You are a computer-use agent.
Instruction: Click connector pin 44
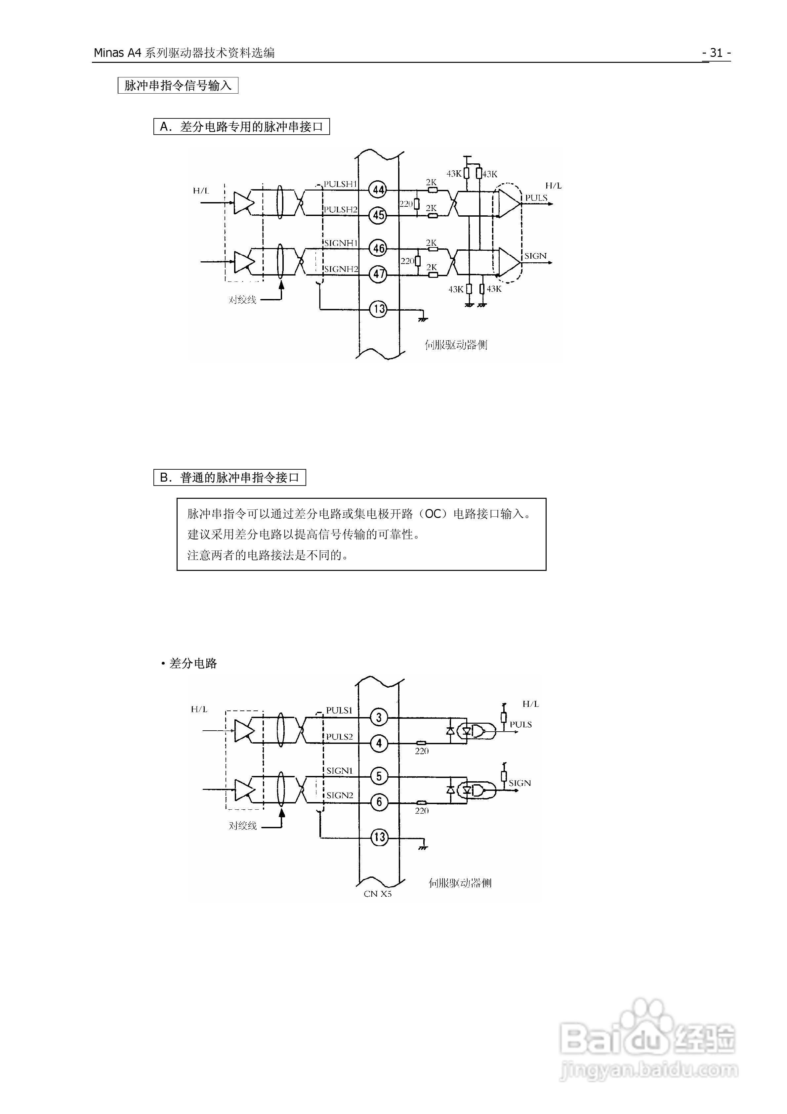pos(379,190)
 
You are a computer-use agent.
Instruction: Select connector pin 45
pos(379,215)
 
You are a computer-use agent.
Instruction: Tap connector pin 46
pos(379,248)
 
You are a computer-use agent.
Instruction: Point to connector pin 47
pos(379,274)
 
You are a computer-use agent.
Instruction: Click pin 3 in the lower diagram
pos(379,717)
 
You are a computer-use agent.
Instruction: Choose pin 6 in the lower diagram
pos(379,802)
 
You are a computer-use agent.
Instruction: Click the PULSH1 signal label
pos(340,184)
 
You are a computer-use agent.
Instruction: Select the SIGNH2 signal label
pos(341,269)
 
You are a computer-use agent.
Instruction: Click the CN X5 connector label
pos(378,894)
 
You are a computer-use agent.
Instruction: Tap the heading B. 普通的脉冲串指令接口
pos(229,477)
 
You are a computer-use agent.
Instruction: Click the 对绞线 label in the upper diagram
pos(242,300)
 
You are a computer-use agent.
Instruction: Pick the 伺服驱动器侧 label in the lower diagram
pos(460,882)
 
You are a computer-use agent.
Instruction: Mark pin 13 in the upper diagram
pos(379,309)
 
